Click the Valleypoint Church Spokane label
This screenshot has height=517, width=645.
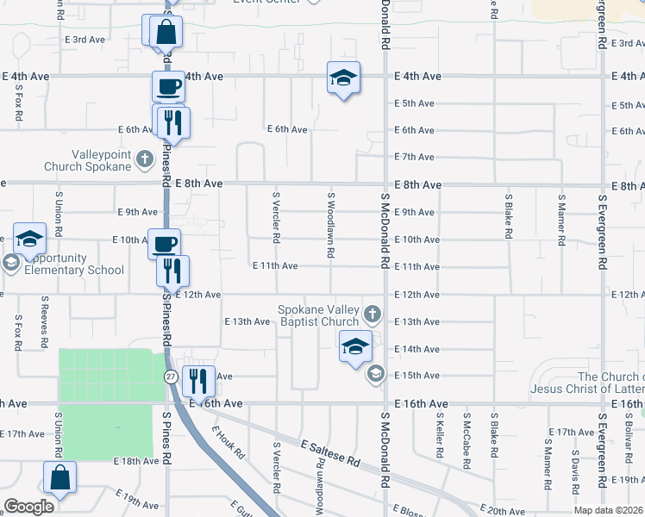click(100, 159)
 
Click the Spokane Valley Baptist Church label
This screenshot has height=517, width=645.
click(317, 316)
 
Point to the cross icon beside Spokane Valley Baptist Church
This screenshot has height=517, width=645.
click(372, 311)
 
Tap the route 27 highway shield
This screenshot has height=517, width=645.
click(171, 377)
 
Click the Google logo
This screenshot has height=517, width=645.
click(28, 507)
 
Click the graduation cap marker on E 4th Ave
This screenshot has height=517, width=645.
click(343, 78)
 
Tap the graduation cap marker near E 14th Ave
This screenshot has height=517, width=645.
click(354, 346)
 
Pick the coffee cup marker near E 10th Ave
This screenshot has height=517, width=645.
click(164, 244)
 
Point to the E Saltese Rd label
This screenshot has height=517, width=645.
click(330, 452)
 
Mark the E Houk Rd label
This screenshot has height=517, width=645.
click(229, 443)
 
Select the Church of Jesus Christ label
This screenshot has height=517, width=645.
click(611, 383)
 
